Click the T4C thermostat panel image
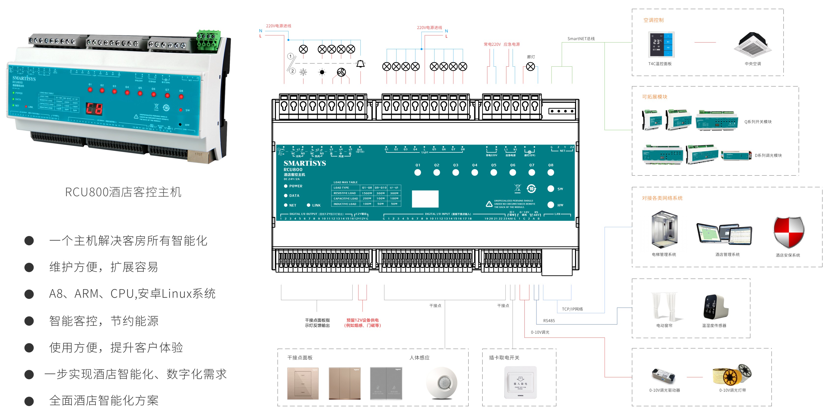(x=661, y=45)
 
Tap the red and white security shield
(x=788, y=232)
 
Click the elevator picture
(x=664, y=231)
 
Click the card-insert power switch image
(x=520, y=382)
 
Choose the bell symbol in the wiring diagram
(x=360, y=64)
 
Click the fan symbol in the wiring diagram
(x=341, y=72)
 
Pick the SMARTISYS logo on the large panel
(x=305, y=163)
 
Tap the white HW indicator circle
(x=551, y=205)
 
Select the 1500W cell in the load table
(x=367, y=193)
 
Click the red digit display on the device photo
(x=94, y=109)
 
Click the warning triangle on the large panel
(x=489, y=204)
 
